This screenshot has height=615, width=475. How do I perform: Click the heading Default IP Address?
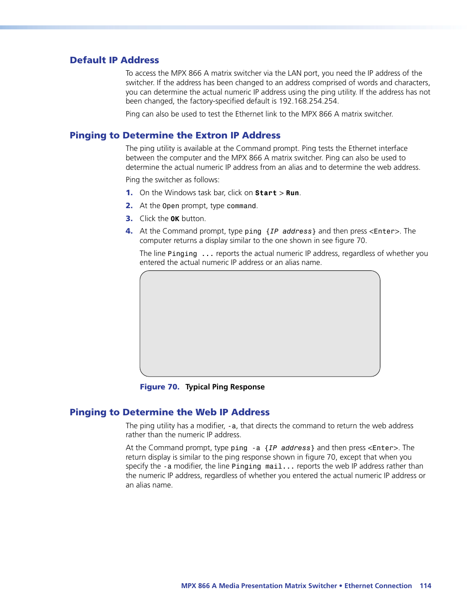tap(114, 60)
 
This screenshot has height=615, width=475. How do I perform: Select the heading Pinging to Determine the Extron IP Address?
tap(175, 135)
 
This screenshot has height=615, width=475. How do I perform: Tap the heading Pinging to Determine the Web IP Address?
tap(169, 412)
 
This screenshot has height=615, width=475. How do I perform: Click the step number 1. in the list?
tap(129, 193)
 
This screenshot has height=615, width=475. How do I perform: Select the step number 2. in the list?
tap(129, 206)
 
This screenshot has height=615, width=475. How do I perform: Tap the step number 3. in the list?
tap(129, 219)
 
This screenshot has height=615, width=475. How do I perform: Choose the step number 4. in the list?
tap(129, 231)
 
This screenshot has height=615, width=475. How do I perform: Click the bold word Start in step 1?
tap(265, 193)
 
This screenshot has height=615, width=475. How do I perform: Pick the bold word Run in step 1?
tap(292, 193)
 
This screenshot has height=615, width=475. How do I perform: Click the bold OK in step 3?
tap(175, 219)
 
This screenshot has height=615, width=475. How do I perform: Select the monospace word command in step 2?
tap(241, 206)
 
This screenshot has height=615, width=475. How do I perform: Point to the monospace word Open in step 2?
tap(170, 206)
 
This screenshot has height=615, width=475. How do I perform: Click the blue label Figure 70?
tap(159, 387)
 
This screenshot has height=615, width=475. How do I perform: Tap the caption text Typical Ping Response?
tap(225, 387)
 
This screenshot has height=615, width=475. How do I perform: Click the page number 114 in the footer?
tap(425, 586)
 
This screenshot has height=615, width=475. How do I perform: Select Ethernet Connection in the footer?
tap(378, 586)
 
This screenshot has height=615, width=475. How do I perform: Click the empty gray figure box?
tap(260, 324)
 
